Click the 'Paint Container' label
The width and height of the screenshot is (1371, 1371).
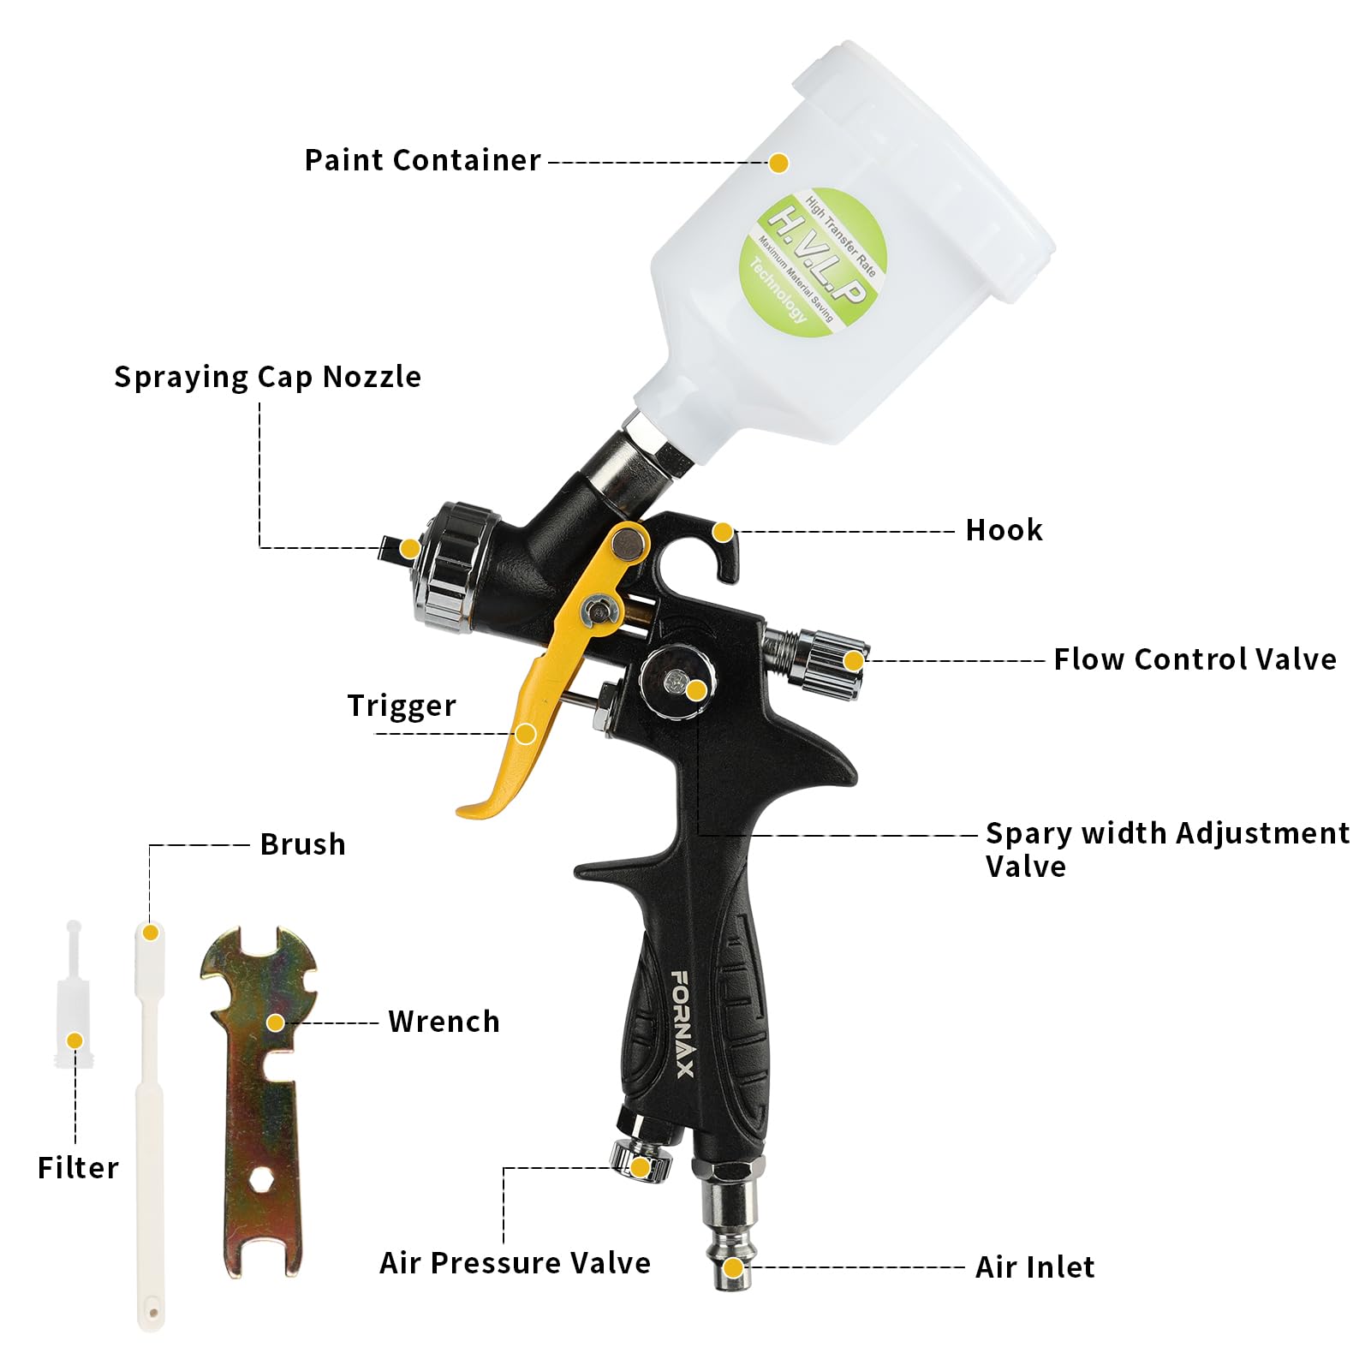[422, 160]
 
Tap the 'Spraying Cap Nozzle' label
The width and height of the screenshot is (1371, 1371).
[267, 377]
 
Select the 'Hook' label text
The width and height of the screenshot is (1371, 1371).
[1004, 530]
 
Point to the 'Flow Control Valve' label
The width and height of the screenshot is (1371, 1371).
[1195, 659]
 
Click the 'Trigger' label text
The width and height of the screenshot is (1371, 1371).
[402, 706]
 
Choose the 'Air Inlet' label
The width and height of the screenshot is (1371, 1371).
[1034, 1267]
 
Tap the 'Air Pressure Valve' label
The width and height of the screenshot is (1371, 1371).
[515, 1263]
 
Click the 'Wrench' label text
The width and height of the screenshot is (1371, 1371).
[444, 1022]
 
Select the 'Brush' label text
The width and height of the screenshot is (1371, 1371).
[303, 844]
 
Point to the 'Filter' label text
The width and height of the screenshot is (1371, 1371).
[78, 1168]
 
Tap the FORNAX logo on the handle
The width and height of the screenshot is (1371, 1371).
[683, 1024]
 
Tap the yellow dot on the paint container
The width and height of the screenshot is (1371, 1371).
[778, 163]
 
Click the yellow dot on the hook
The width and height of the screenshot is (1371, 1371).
[724, 533]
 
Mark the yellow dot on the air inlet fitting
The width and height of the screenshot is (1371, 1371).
[733, 1267]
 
